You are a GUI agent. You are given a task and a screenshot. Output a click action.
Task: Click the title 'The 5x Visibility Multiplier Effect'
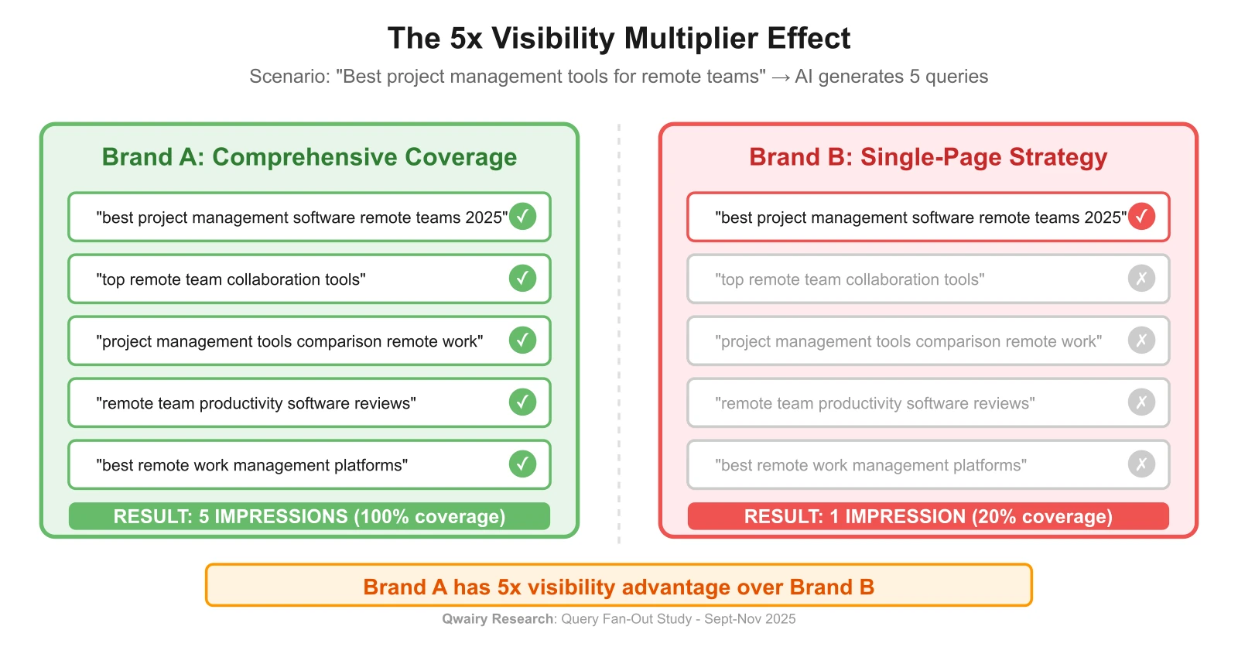(x=618, y=39)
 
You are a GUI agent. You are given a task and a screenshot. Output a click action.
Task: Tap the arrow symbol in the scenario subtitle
(x=780, y=77)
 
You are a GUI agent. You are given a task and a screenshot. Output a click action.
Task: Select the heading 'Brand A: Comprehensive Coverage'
(x=309, y=157)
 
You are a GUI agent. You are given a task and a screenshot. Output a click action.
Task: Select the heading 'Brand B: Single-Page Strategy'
(x=928, y=157)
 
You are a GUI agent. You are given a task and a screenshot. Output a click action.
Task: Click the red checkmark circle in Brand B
(x=1141, y=217)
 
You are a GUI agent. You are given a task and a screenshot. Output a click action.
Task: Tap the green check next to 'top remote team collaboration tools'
(x=522, y=279)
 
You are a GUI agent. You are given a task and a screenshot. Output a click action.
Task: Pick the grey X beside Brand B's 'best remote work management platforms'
(x=1141, y=464)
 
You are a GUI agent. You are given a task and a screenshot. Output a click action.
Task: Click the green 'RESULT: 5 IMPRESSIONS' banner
(x=309, y=516)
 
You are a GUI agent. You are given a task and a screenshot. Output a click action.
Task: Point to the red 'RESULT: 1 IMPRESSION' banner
(x=928, y=516)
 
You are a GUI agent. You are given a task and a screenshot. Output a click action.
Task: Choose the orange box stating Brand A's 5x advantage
(x=618, y=587)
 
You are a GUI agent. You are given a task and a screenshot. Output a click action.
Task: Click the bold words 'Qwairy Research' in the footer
(x=498, y=619)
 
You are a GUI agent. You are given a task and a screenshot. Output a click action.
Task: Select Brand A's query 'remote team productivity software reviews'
(x=256, y=403)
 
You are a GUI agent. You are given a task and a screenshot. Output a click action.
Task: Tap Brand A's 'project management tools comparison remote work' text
(x=289, y=341)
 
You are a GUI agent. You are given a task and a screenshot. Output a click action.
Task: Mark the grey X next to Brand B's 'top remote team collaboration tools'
(x=1141, y=279)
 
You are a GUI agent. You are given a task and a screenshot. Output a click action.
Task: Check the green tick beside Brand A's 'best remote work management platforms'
(x=522, y=464)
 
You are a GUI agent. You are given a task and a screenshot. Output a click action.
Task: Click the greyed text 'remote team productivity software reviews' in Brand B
(x=875, y=403)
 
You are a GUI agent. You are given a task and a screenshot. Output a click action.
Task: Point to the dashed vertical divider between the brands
(x=619, y=333)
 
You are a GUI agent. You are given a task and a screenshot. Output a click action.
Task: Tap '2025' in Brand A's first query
(x=484, y=217)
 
